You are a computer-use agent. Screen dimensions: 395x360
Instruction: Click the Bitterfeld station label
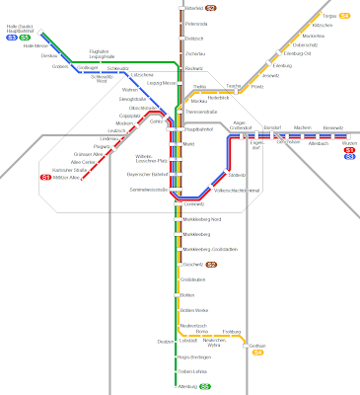(193, 10)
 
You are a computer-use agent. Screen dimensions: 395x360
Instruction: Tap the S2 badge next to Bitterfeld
(212, 10)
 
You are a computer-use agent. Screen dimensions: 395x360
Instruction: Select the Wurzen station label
(347, 142)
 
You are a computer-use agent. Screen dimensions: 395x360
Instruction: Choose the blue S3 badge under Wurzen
(349, 156)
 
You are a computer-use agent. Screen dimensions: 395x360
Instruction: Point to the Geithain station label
(257, 346)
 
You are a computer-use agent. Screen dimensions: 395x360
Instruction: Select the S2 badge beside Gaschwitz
(212, 265)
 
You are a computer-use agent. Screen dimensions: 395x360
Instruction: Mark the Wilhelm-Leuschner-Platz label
(149, 159)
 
